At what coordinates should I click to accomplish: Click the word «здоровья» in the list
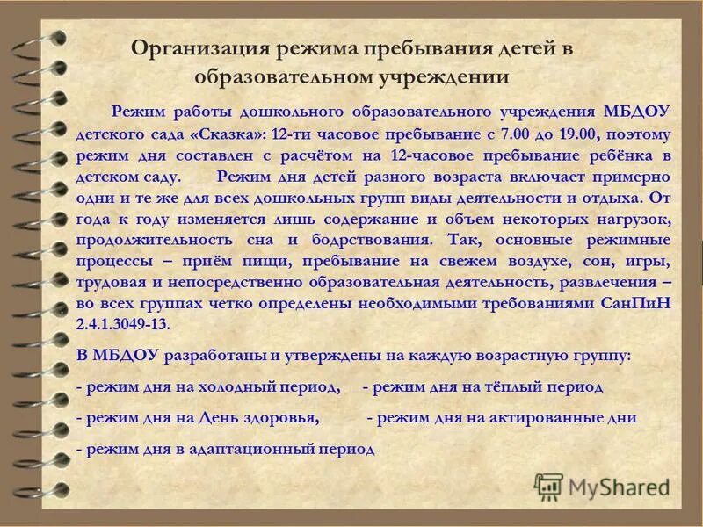pos(280,418)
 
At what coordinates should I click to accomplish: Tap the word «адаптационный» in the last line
pos(254,449)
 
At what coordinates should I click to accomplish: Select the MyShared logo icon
pos(548,486)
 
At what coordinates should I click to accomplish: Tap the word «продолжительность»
pos(147,240)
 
